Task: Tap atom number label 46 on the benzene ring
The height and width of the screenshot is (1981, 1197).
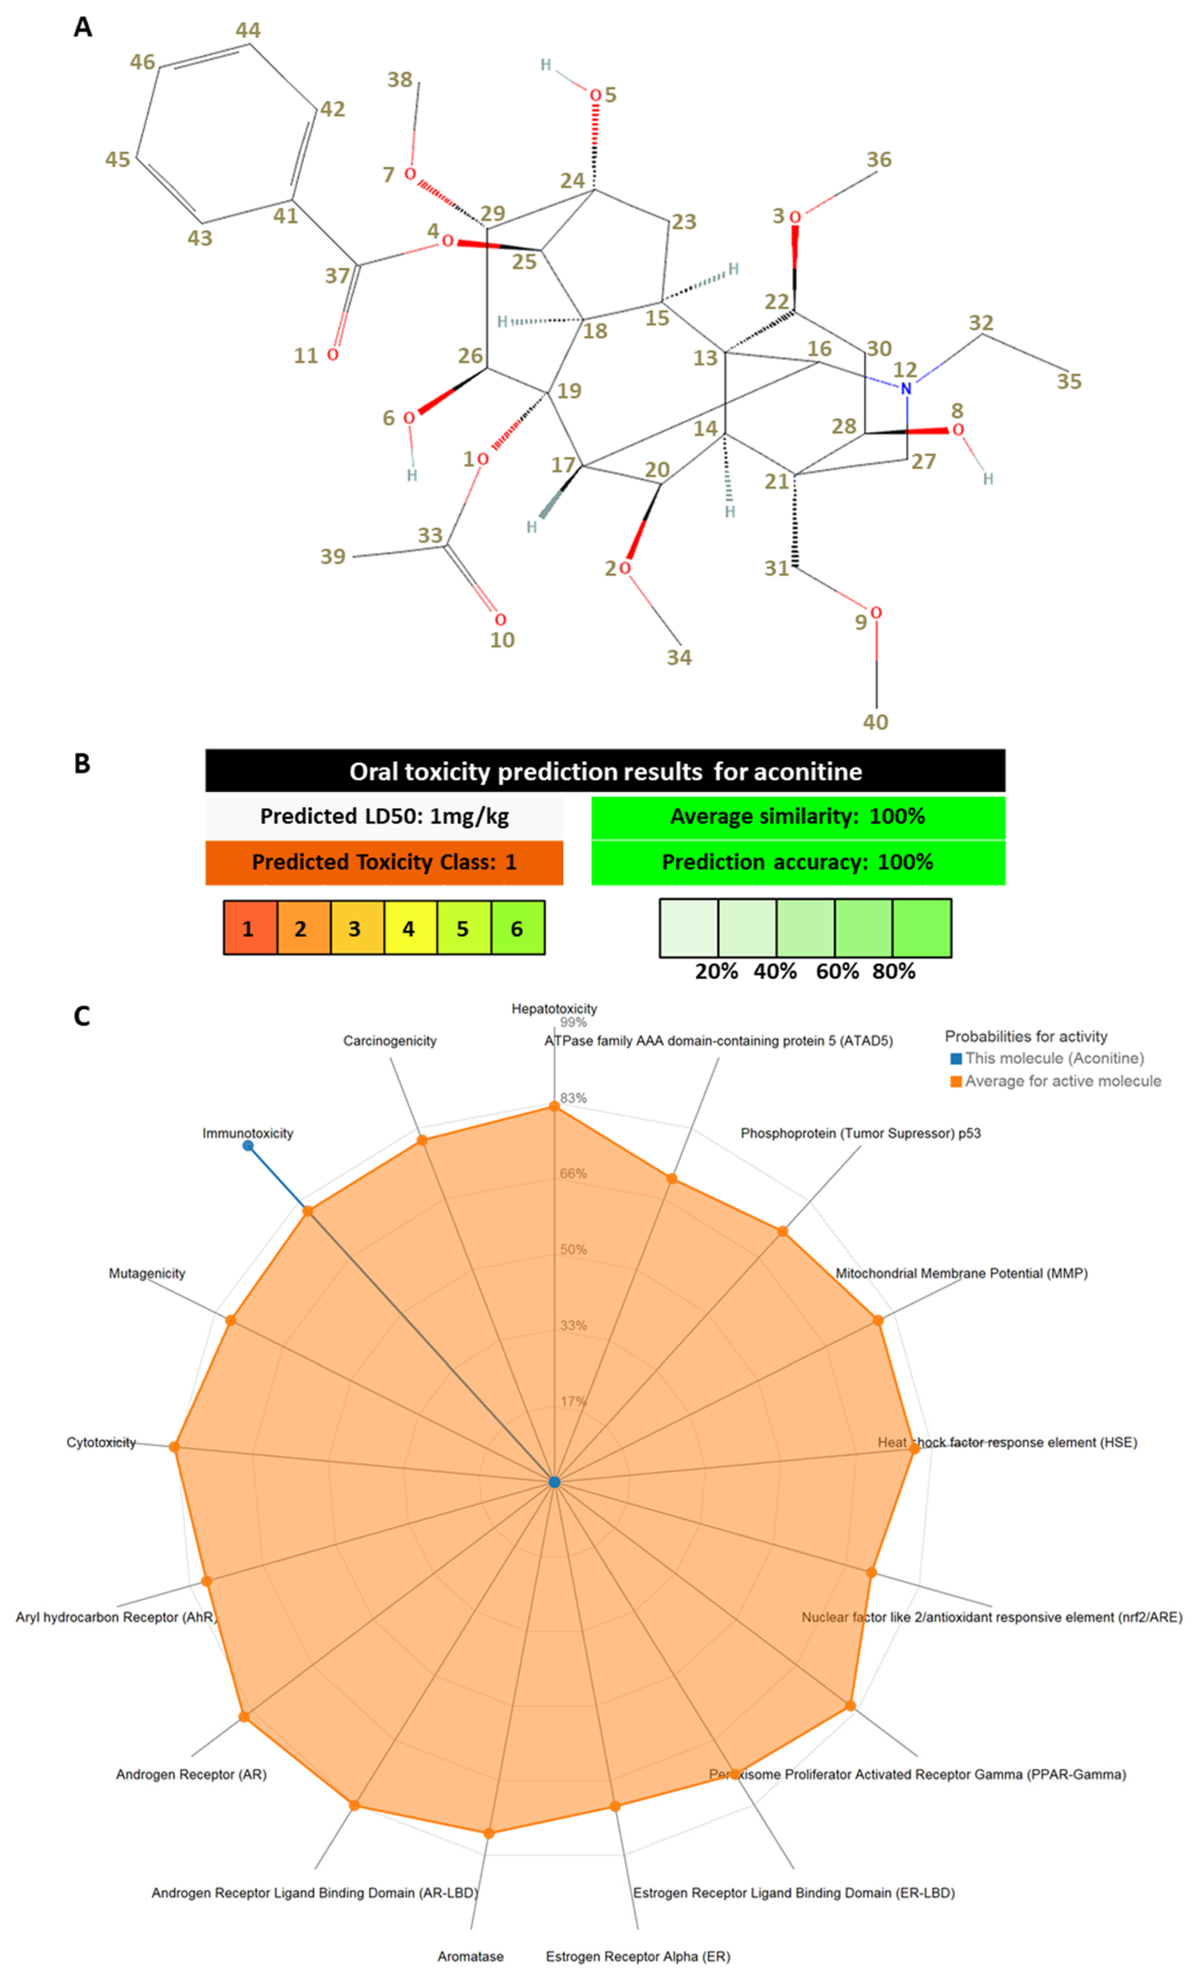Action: click(142, 62)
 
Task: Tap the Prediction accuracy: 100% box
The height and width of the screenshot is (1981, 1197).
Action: click(797, 862)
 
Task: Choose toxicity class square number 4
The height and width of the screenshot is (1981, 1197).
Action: click(409, 928)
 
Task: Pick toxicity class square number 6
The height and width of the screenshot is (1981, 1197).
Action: click(517, 928)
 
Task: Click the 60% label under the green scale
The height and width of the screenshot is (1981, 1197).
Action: click(837, 971)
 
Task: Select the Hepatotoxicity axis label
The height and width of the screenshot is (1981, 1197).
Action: click(554, 1008)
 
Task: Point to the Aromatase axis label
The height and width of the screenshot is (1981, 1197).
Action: click(470, 1956)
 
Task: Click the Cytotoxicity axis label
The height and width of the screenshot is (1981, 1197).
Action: click(101, 1442)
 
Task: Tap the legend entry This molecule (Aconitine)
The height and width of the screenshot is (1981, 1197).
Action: click(1053, 1058)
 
